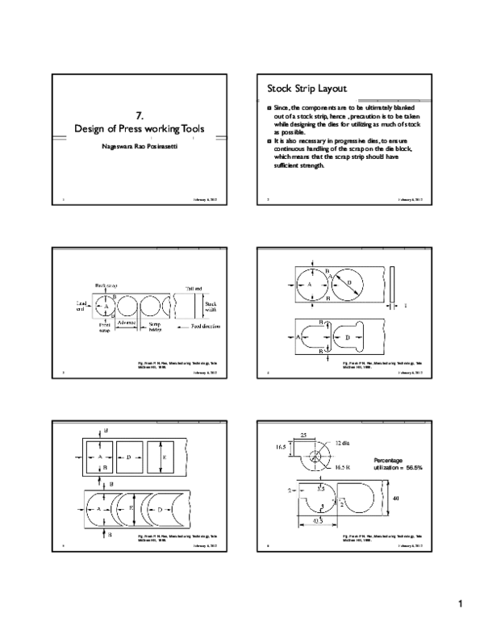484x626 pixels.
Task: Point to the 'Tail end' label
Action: click(194, 287)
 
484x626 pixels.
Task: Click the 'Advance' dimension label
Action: click(126, 323)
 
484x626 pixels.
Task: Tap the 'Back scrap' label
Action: click(106, 285)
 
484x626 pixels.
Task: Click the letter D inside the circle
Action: click(348, 283)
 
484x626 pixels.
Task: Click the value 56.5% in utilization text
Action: click(412, 467)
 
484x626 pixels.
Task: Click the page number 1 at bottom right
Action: click(460, 604)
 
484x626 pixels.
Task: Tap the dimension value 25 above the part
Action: click(303, 436)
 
